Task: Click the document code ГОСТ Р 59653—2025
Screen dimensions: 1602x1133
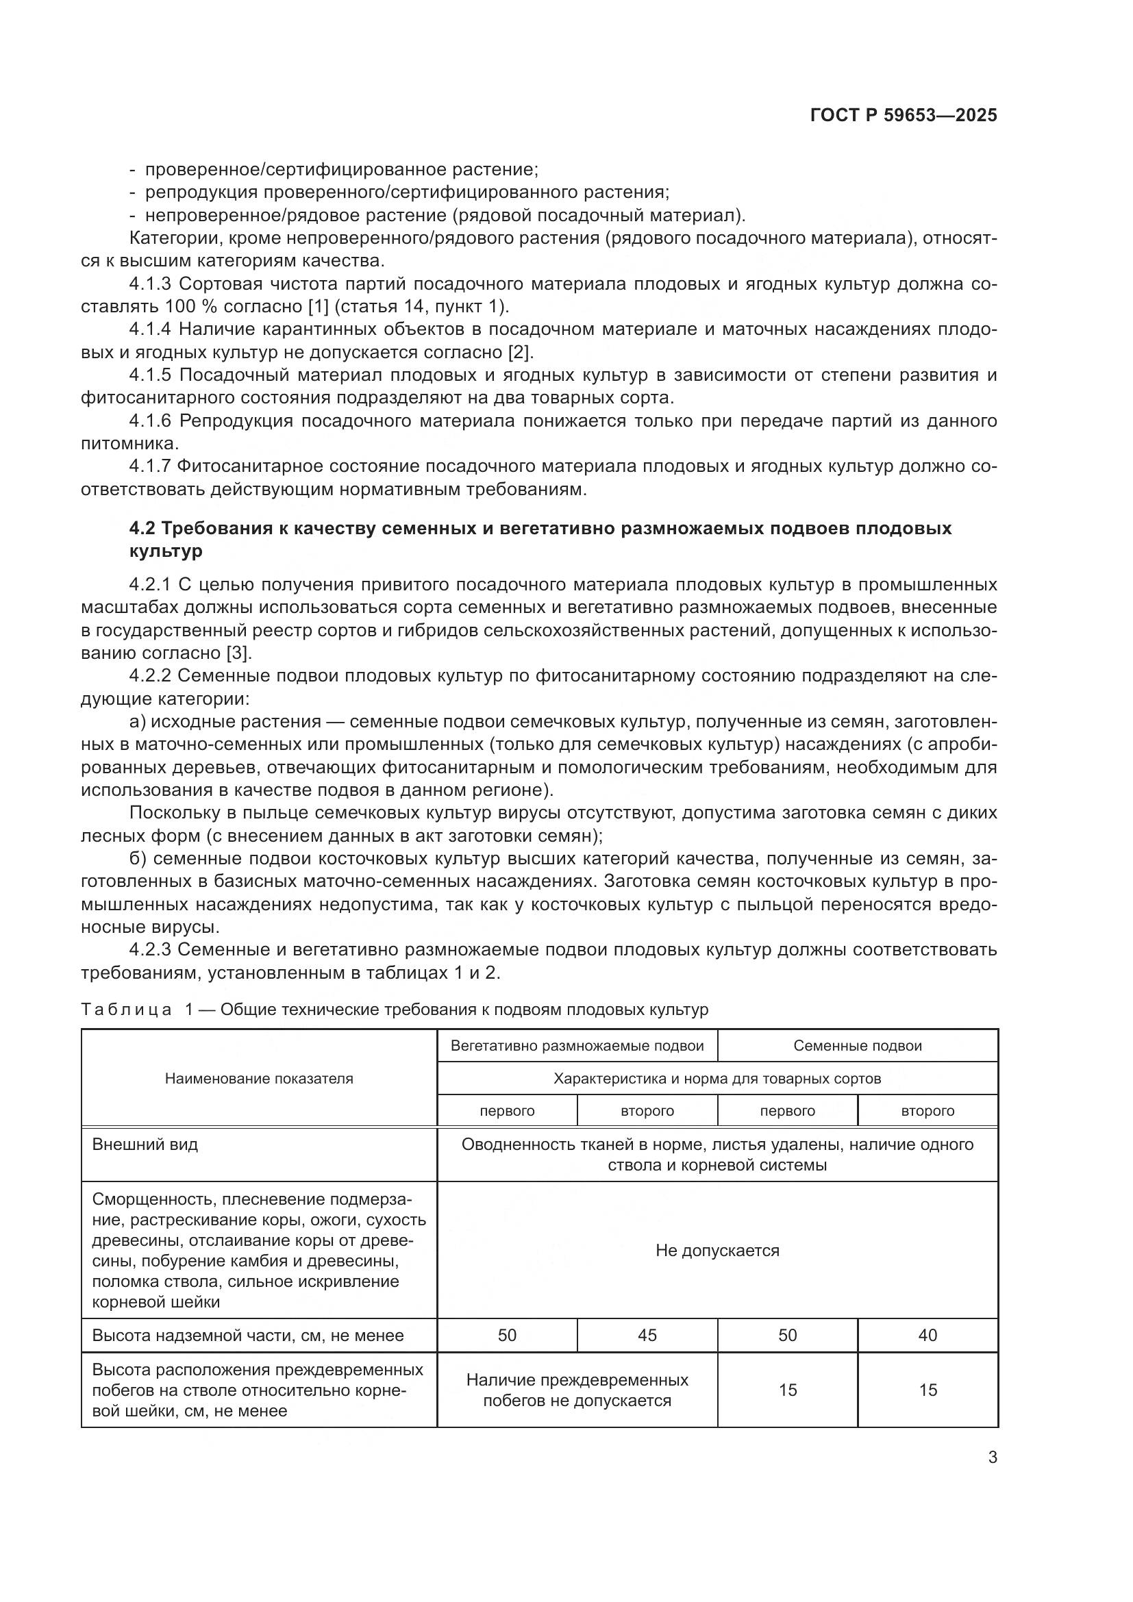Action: click(904, 115)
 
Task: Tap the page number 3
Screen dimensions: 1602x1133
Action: click(992, 1457)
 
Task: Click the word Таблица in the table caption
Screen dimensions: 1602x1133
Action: click(126, 1010)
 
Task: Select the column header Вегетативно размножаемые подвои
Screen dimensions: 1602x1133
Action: click(577, 1046)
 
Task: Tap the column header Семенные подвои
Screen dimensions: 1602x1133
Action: click(858, 1046)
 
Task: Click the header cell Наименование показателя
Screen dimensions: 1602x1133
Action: click(259, 1079)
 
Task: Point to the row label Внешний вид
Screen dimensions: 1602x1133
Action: click(145, 1144)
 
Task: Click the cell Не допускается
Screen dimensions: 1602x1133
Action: click(717, 1251)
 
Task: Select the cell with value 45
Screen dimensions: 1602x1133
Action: click(647, 1335)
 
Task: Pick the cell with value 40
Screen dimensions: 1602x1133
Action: click(927, 1335)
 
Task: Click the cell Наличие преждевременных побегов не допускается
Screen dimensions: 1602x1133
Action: click(577, 1390)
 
